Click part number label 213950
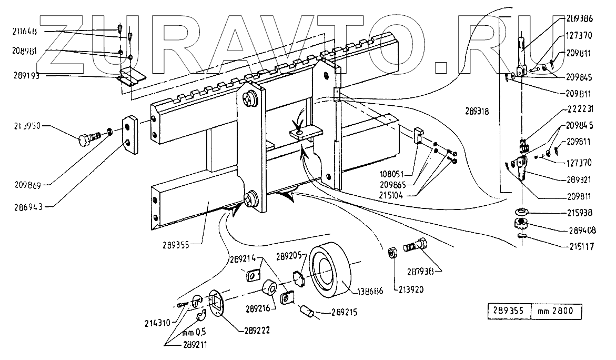coord(27,127)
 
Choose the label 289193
coord(27,76)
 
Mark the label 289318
coord(478,111)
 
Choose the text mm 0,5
coord(194,333)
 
